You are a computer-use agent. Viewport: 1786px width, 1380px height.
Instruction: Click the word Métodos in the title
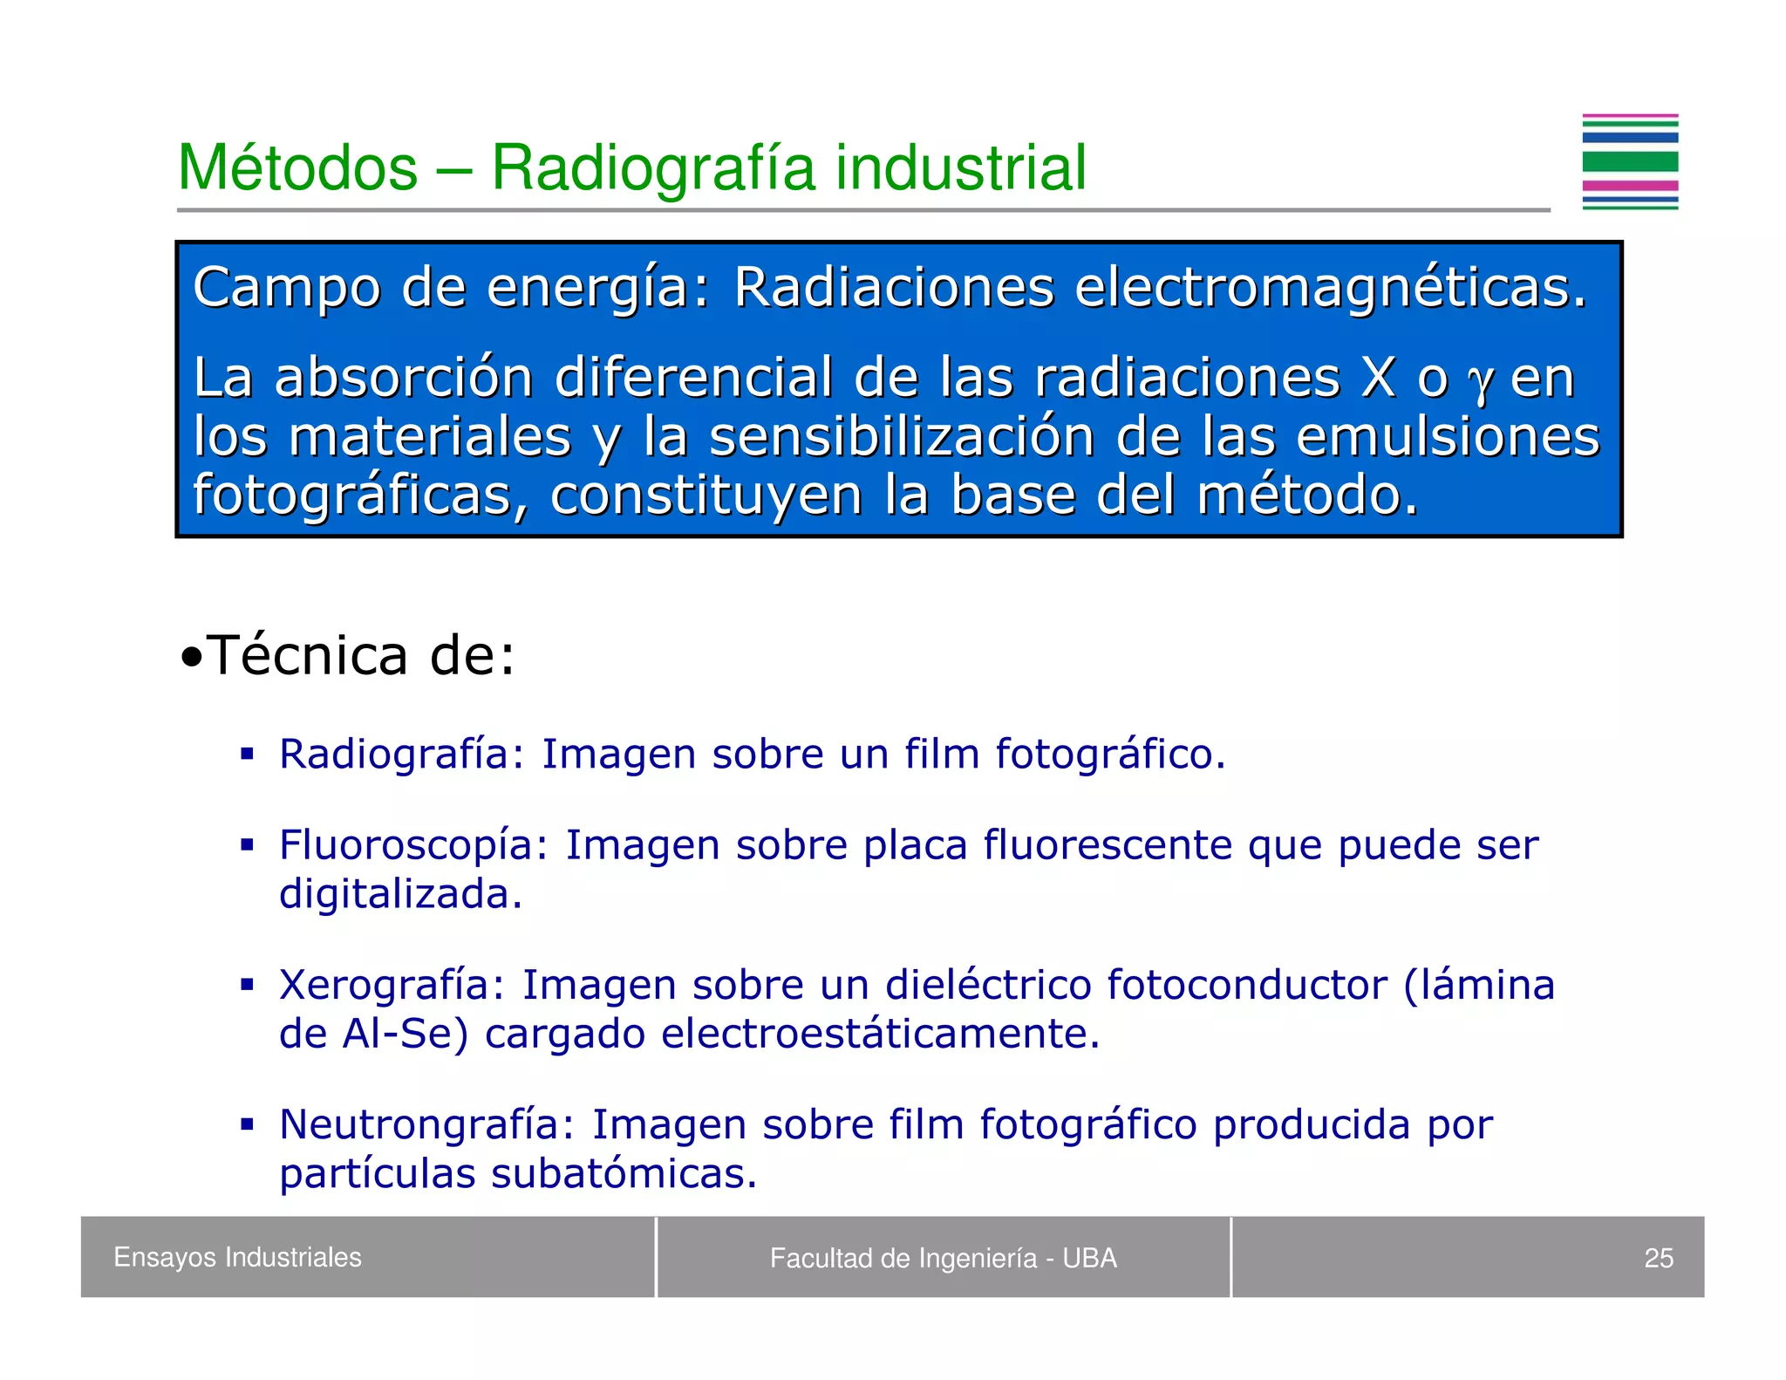297,167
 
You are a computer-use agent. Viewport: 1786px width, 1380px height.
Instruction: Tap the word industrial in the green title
961,167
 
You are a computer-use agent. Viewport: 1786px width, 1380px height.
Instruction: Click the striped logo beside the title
1629,162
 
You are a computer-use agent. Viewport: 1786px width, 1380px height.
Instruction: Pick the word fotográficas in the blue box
360,495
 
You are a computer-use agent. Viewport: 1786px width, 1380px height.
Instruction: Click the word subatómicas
624,1173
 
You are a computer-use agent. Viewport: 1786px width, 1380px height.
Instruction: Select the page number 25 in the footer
1658,1258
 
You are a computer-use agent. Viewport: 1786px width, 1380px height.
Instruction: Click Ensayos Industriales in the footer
237,1257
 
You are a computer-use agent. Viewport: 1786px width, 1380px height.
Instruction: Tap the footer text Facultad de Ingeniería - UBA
943,1258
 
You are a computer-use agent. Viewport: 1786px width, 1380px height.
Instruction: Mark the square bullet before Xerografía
248,985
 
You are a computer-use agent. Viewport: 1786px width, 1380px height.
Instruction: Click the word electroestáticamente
880,1034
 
